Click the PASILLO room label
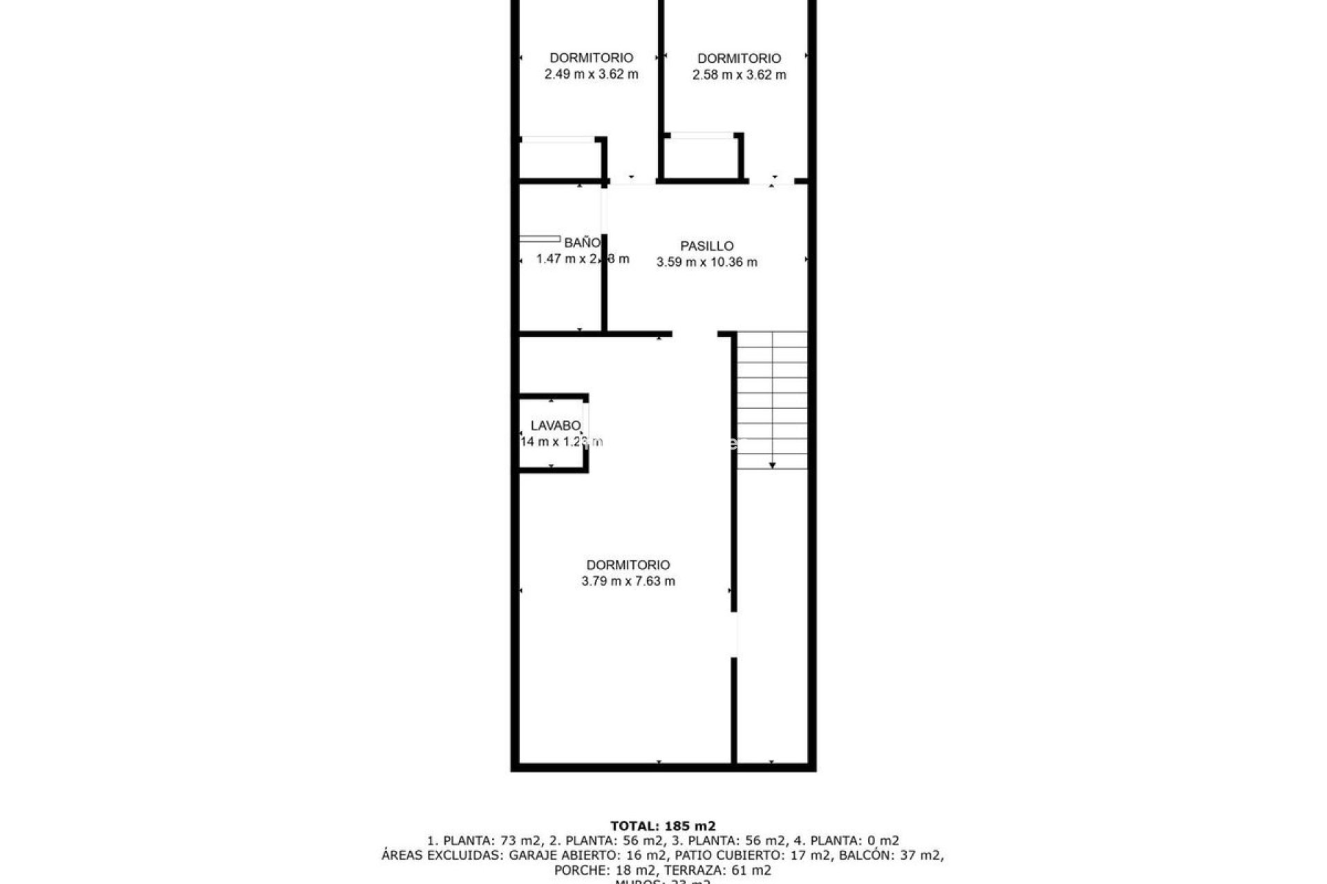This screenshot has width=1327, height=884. point(706,246)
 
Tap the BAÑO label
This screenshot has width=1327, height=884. point(582,243)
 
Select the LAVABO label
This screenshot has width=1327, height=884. point(555,426)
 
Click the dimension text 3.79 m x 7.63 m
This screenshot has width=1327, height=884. point(628,582)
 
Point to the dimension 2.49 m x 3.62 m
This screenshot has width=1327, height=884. point(591,75)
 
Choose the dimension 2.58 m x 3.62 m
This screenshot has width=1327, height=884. point(739,75)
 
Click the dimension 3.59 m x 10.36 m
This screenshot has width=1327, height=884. point(706,262)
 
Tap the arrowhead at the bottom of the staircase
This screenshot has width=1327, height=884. point(772,465)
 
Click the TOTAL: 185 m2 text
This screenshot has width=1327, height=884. point(663,826)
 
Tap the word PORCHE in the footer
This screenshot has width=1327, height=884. point(579,871)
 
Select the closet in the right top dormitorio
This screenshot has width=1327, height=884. point(702,157)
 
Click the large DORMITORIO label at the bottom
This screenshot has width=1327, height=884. point(628,565)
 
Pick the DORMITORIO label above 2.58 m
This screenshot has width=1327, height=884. point(739,59)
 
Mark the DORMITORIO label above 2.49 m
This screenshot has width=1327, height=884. point(591,58)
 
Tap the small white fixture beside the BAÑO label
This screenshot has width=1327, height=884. point(540,240)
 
